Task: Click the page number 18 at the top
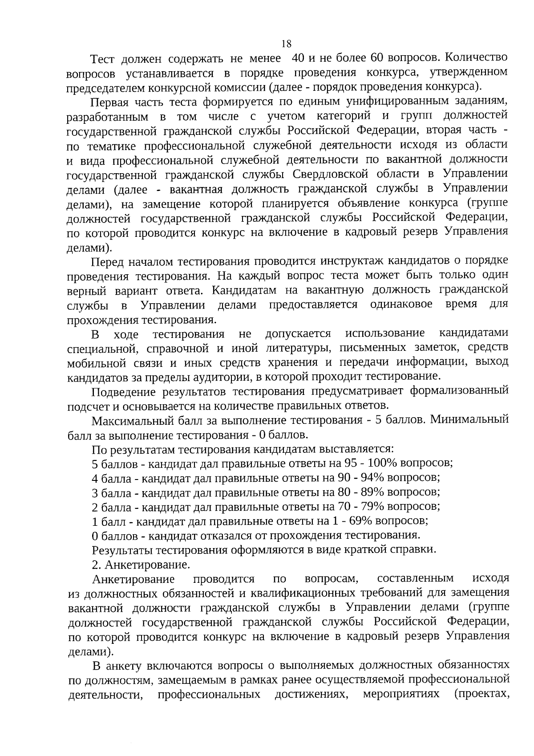point(286,44)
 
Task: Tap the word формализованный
point(459,391)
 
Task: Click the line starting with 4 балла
point(266,478)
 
